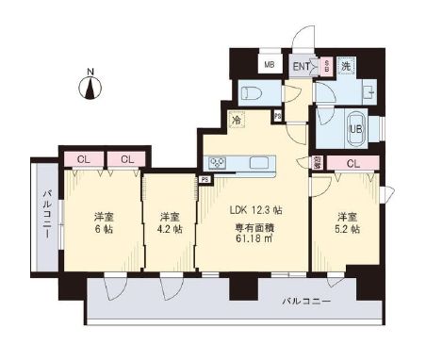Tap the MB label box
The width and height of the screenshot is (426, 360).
click(x=269, y=65)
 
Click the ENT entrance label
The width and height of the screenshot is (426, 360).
click(x=302, y=65)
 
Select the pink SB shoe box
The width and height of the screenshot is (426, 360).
click(x=326, y=66)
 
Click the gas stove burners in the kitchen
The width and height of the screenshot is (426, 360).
click(x=218, y=163)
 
